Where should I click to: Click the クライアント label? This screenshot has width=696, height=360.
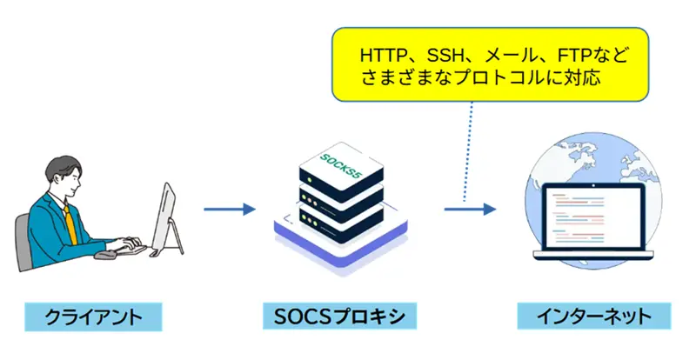pyautogui.click(x=93, y=316)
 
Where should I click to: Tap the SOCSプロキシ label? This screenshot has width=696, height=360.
pyautogui.click(x=334, y=316)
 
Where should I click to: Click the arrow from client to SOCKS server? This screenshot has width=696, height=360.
pyautogui.click(x=229, y=209)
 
